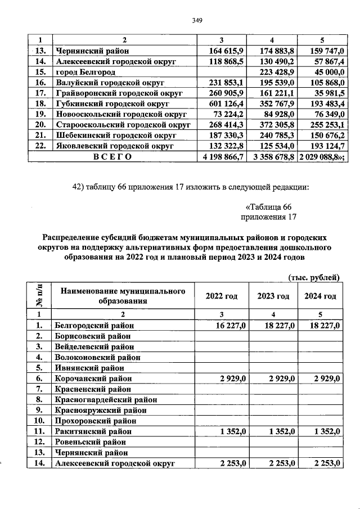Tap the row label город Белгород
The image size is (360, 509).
pos(85,73)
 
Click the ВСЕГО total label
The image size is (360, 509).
pos(112,157)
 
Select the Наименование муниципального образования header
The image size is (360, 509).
pos(123,296)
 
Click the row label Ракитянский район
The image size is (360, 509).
pos(93,431)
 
